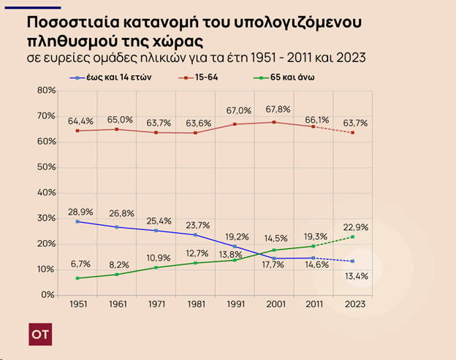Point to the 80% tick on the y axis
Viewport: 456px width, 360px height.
click(x=46, y=91)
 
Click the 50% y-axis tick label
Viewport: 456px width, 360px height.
click(x=46, y=167)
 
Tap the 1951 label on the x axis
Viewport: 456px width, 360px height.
click(x=77, y=305)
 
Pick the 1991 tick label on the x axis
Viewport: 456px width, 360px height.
click(x=235, y=305)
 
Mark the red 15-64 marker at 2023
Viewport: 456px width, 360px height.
click(x=353, y=132)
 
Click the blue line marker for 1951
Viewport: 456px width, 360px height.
click(x=77, y=221)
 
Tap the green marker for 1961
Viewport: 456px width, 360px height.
click(x=116, y=274)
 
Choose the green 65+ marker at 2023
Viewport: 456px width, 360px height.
click(x=353, y=237)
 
